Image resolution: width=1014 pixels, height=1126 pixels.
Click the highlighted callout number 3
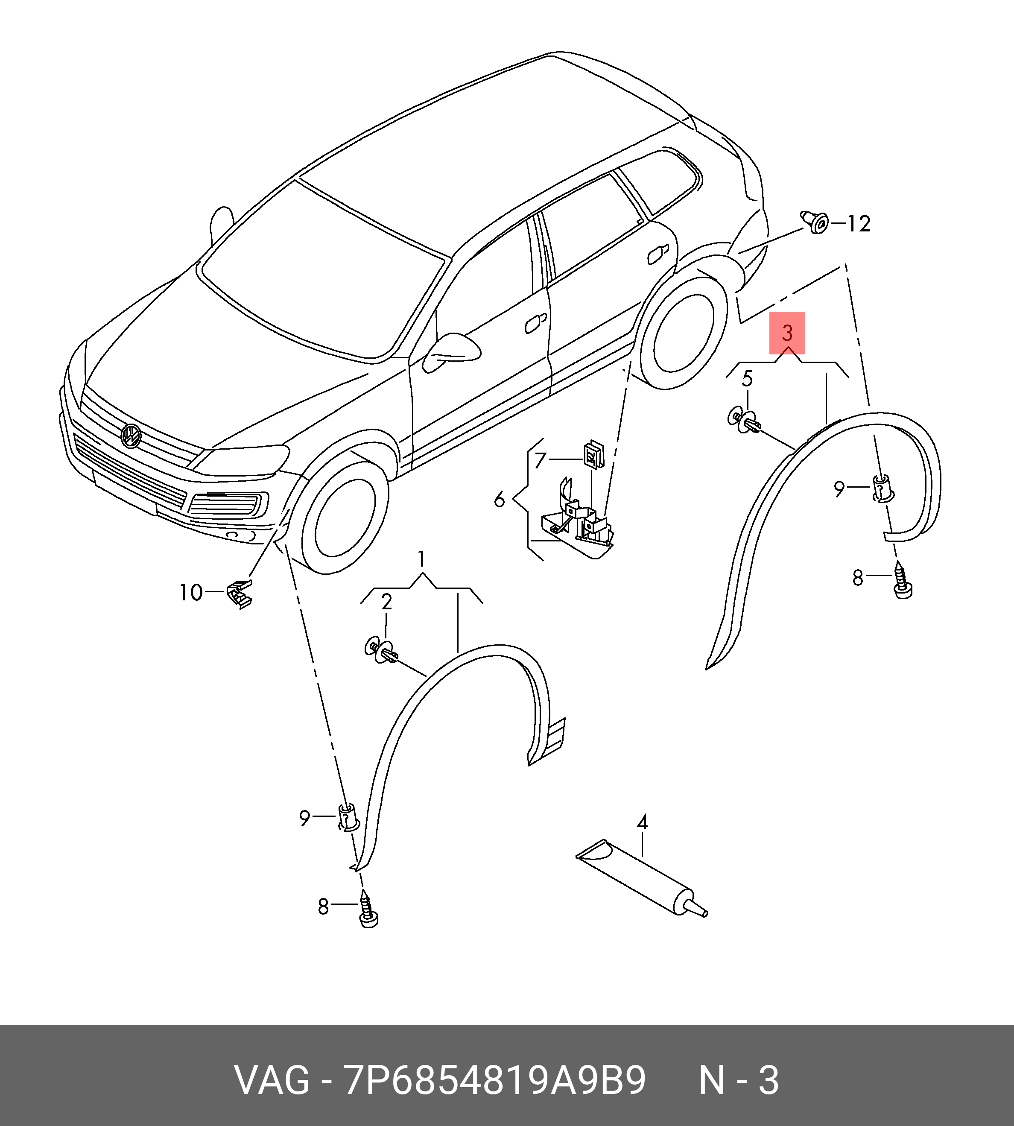787,333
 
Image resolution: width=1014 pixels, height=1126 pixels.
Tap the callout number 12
859,224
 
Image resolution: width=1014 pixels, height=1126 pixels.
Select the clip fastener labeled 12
815,222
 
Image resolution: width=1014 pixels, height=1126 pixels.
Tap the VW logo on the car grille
131,435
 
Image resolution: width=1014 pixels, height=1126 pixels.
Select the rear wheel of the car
684,332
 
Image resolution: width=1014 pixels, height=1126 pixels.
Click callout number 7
539,460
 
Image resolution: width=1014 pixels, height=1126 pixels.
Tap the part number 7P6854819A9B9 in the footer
495,1081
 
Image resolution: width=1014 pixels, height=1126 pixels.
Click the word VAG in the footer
272,1081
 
